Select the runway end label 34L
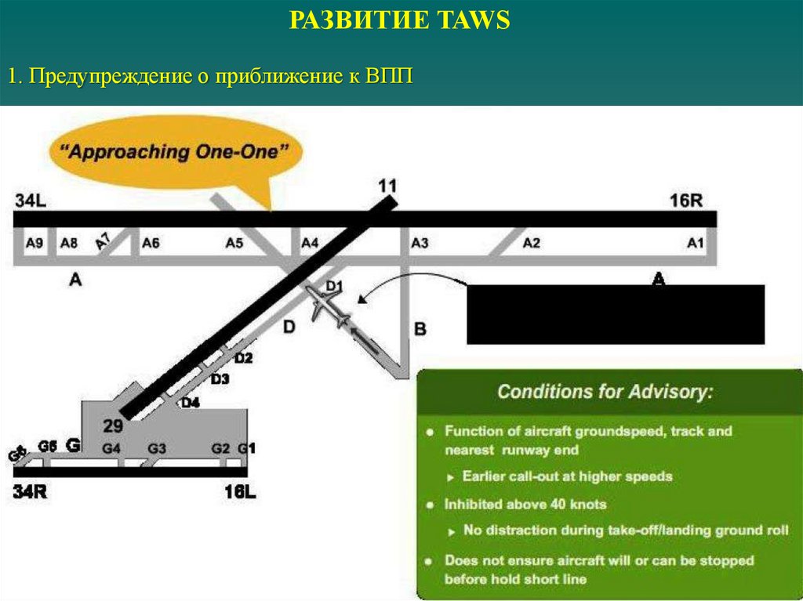[31, 201]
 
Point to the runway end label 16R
[686, 201]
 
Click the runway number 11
[387, 186]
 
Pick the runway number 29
[113, 426]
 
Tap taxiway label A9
[34, 243]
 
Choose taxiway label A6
[151, 243]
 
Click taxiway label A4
[311, 243]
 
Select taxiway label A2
[532, 243]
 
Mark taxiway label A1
[696, 243]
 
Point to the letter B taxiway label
[420, 330]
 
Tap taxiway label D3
[220, 379]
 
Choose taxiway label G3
[157, 449]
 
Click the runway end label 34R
[31, 492]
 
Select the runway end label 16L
[241, 492]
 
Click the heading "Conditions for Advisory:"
[605, 391]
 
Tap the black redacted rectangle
[615, 314]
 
